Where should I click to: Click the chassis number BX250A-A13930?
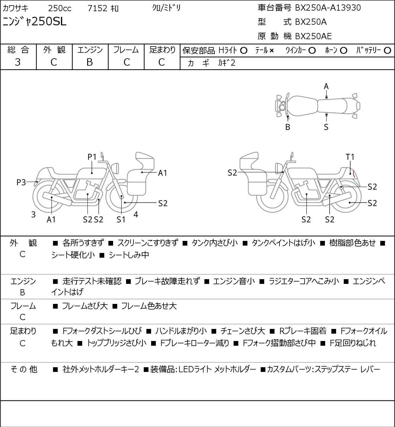[328, 8]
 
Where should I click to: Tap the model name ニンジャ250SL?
[34, 21]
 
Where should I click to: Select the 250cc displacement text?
[60, 8]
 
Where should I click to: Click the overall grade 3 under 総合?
[18, 62]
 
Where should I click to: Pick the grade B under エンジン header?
[90, 62]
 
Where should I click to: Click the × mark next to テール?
[272, 51]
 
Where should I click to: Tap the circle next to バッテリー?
[387, 51]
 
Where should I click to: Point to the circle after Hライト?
[244, 51]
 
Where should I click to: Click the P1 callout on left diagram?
[92, 157]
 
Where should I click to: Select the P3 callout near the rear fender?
[21, 182]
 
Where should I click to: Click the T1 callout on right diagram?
[350, 157]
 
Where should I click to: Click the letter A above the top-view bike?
[326, 87]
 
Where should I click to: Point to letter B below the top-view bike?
[288, 127]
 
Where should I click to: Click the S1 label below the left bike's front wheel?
[121, 219]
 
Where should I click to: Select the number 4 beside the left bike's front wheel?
[136, 214]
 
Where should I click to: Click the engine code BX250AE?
[313, 36]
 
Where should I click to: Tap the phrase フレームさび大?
[85, 306]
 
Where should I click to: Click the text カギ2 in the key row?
[227, 63]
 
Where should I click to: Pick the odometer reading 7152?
[97, 8]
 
